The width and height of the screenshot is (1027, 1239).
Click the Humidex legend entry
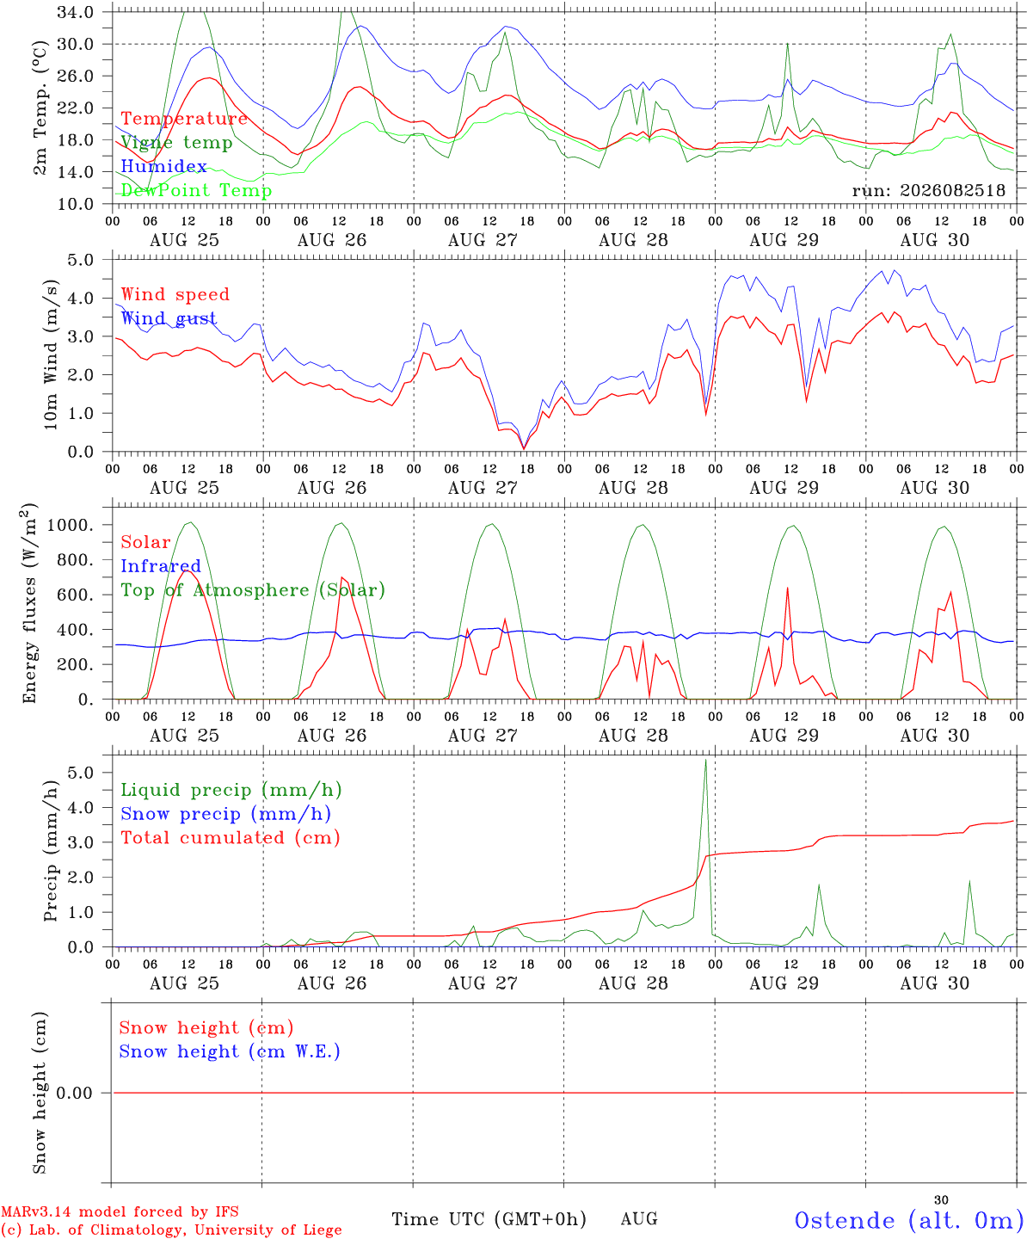(163, 166)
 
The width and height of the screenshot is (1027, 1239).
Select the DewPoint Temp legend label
(196, 190)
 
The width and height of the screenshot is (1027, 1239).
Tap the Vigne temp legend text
(176, 143)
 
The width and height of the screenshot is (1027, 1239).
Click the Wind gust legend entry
(169, 318)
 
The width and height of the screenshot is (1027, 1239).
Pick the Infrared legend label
(161, 566)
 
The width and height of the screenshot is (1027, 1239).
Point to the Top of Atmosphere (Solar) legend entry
(254, 590)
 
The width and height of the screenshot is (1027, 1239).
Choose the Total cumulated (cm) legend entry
(231, 837)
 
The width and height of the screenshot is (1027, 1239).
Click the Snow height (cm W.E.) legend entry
(230, 1051)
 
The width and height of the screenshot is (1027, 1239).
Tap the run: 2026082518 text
(928, 190)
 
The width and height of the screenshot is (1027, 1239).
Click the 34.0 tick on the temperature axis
(75, 12)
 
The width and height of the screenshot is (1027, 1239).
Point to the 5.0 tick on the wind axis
(80, 260)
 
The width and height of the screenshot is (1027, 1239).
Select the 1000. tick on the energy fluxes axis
(70, 525)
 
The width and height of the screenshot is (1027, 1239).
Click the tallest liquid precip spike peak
(705, 760)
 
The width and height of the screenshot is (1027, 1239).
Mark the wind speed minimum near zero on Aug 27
(524, 448)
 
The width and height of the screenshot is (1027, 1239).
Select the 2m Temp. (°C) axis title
(40, 108)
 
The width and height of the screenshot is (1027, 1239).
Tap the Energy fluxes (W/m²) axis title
(29, 603)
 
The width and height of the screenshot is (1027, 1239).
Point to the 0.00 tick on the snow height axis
(75, 1093)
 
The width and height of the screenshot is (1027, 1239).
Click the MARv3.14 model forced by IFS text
(120, 1211)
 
